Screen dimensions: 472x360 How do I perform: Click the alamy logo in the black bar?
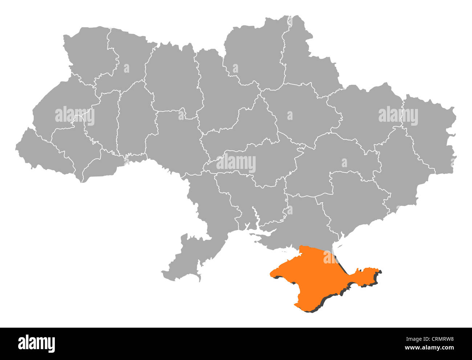pyautogui.click(x=36, y=343)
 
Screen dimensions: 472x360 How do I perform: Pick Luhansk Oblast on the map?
pyautogui.click(x=428, y=134)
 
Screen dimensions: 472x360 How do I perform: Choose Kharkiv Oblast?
pyautogui.click(x=363, y=113)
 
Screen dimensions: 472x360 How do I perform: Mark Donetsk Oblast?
pyautogui.click(x=399, y=171)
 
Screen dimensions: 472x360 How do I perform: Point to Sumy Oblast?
pyautogui.click(x=309, y=69)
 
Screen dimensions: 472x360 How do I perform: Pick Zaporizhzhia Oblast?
pyautogui.click(x=352, y=200)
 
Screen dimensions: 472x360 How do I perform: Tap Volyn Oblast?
pyautogui.click(x=87, y=54)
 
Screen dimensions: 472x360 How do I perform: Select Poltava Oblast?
pyautogui.click(x=301, y=113)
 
